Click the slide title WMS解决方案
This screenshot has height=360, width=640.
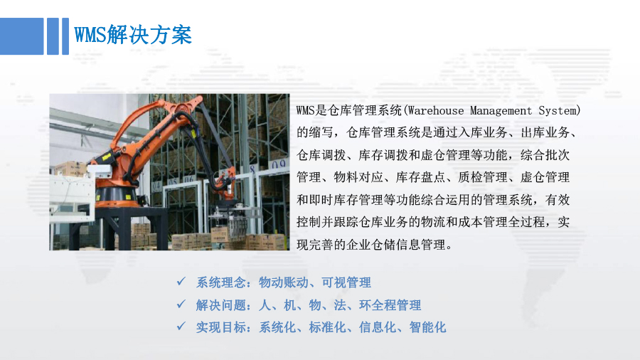pos(133,35)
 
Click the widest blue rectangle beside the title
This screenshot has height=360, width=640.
pos(21,36)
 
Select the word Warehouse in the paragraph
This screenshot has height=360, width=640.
pos(435,110)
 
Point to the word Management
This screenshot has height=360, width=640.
pos(501,110)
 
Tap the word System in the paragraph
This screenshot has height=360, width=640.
pos(557,110)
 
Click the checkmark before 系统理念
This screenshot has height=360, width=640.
pos(181,281)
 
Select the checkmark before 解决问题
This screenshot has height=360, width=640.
pos(181,304)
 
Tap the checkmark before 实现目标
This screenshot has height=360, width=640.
pos(181,326)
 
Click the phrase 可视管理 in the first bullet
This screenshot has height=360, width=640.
pos(346,282)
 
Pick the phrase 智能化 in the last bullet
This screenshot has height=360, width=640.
pos(427,327)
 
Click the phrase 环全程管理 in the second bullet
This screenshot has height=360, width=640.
pos(390,305)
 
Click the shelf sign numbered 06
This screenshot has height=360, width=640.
pos(188,179)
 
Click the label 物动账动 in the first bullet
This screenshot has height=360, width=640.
pos(283,282)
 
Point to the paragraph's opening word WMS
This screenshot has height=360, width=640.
pos(305,110)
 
